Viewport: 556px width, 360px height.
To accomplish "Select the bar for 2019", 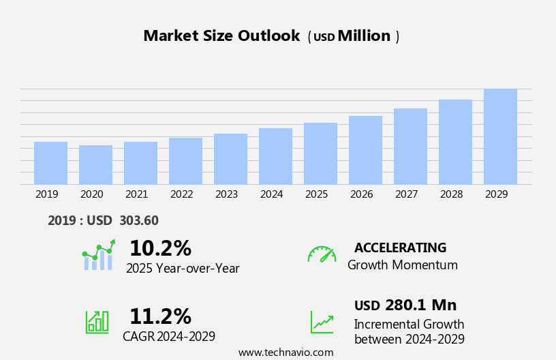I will pos(50,163).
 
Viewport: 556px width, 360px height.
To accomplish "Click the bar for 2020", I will pos(95,164).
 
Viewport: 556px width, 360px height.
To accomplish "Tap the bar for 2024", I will pos(275,156).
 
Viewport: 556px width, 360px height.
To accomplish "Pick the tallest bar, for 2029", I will pos(500,136).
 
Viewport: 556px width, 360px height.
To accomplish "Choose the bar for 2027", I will pos(410,146).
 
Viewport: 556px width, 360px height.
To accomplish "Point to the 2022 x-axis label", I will pos(181,194).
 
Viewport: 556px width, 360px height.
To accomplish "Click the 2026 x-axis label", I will pos(361,194).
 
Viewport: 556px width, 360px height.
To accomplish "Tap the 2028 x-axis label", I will pos(451,194).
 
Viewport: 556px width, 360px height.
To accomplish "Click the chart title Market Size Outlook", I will pos(221,36).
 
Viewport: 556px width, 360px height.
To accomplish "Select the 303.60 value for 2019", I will pos(138,221).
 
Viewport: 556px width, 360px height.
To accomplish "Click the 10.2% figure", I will pos(160,248).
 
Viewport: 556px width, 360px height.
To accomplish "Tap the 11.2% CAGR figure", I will pos(160,316).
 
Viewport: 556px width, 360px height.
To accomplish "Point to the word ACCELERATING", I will pos(400,248).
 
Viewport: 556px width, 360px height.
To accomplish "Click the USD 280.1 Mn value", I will pos(405,305).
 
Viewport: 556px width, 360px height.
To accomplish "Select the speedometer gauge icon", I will pos(322,254).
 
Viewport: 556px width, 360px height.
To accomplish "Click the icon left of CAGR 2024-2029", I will pos(97,321).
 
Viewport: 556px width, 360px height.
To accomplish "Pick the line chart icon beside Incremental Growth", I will pos(322,322).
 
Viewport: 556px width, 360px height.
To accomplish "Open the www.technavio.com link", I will pos(285,352).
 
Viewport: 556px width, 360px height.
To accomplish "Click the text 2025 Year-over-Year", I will pos(183,269).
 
